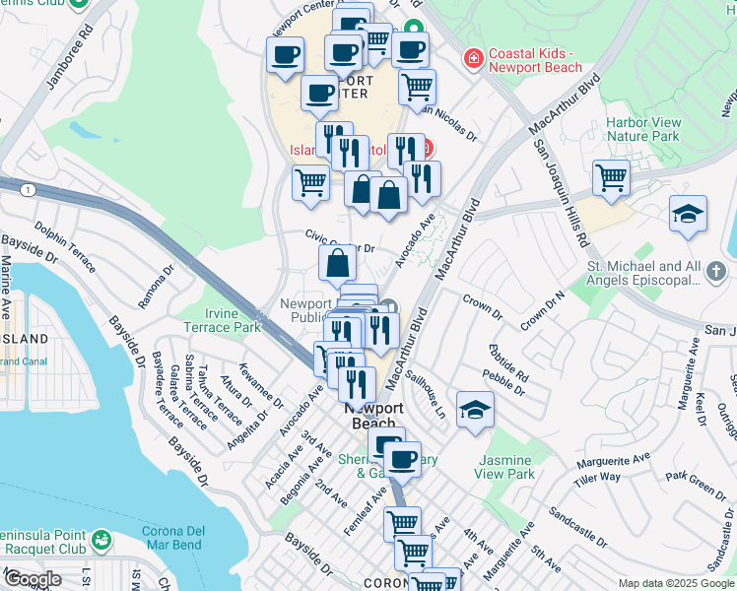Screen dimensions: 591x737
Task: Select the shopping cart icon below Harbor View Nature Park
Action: point(612,178)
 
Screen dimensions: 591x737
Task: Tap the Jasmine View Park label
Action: point(505,467)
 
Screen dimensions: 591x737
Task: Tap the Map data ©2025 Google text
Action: point(675,583)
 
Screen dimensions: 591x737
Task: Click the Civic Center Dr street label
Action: point(340,241)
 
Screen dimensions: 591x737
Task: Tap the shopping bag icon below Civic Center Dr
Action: point(337,263)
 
